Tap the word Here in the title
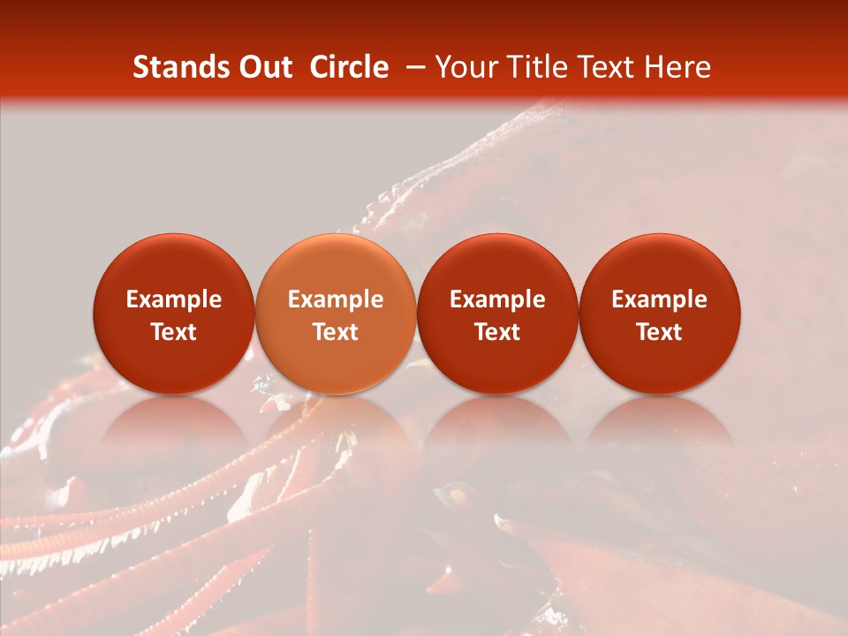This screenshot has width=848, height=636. (x=677, y=67)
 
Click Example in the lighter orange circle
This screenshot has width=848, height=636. (x=336, y=299)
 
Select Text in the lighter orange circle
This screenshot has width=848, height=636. (x=336, y=332)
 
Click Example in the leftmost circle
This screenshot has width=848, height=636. (x=174, y=299)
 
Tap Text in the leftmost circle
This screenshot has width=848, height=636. (x=174, y=332)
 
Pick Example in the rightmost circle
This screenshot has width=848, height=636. (x=660, y=299)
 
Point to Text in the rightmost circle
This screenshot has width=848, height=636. (x=660, y=332)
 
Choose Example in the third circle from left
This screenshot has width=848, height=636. (x=497, y=299)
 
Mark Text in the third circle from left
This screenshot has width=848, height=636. (x=497, y=332)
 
